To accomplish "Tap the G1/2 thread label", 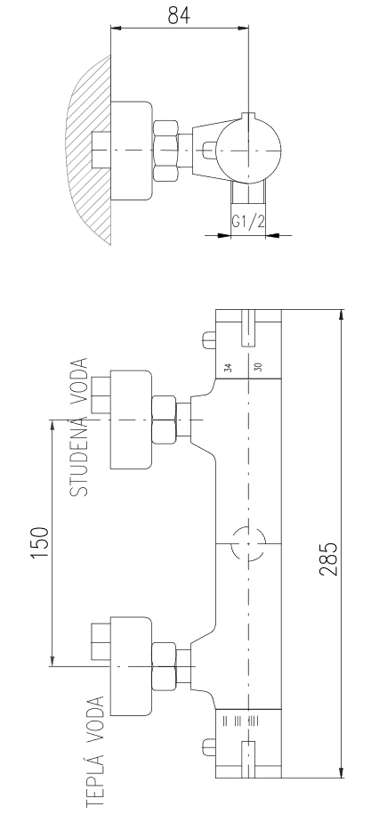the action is tap(248, 222).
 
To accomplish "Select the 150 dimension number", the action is tap(40, 542).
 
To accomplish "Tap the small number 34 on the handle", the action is tap(228, 367).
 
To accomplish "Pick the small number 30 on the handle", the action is tap(258, 367).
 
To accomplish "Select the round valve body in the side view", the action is tap(249, 147).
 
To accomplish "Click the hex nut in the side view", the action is tap(165, 151).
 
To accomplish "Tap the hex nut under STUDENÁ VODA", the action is tap(163, 420).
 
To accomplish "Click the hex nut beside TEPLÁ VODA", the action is tap(163, 666).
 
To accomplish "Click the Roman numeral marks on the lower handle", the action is tap(239, 720).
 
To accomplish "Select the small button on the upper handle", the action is tap(209, 339).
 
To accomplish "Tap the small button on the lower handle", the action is tap(209, 747).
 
